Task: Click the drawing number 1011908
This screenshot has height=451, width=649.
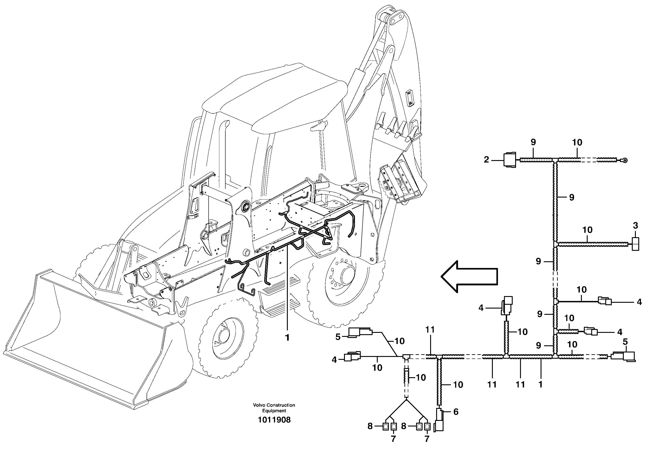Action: (x=274, y=420)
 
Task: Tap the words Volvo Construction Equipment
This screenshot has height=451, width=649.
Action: (x=274, y=408)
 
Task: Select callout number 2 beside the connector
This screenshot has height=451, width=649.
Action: (x=486, y=160)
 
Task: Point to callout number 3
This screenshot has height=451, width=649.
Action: (x=635, y=226)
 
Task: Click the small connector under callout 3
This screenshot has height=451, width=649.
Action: (x=635, y=244)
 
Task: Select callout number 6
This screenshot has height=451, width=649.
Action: (x=456, y=412)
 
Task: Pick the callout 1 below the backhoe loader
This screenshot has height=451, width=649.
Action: (x=287, y=338)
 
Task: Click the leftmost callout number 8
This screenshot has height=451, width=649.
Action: (x=370, y=426)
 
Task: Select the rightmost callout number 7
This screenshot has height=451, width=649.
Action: (x=427, y=439)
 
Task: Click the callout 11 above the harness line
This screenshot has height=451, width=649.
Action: (x=430, y=329)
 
